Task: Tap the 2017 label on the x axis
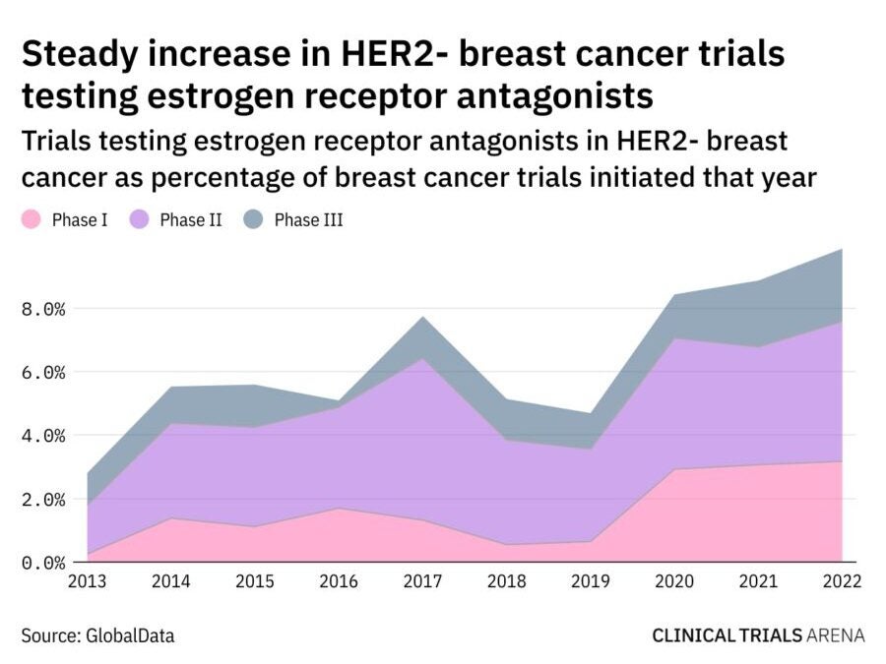[x=421, y=581]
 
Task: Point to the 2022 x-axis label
[x=841, y=581]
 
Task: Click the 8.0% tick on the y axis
[x=43, y=309]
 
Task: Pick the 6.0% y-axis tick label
[x=43, y=373]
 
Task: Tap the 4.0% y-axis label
[x=43, y=436]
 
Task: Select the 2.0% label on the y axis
[x=43, y=500]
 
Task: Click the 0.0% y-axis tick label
[x=43, y=563]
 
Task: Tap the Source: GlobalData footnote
[x=97, y=635]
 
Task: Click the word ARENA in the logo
[x=835, y=635]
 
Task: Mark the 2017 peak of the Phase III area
[x=421, y=318]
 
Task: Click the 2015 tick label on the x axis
[x=254, y=581]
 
